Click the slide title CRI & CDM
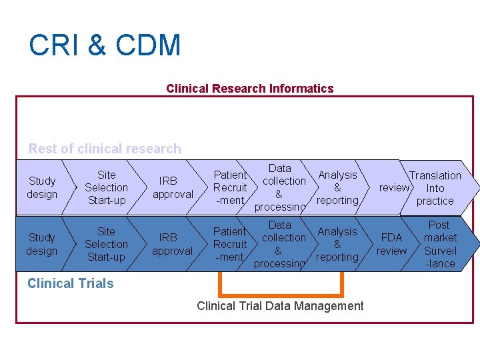click(105, 46)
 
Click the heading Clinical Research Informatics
click(249, 89)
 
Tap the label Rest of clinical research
click(105, 149)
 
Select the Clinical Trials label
click(71, 283)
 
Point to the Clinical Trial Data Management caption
click(280, 306)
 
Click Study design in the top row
click(42, 187)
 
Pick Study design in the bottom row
click(42, 244)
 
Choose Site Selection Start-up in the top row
click(106, 187)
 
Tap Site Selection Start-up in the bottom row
click(106, 244)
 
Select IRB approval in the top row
click(173, 187)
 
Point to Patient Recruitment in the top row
click(230, 187)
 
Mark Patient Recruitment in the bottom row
click(230, 244)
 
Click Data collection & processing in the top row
click(281, 187)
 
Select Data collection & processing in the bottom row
click(280, 244)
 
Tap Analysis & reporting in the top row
click(337, 187)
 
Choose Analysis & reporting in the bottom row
click(337, 244)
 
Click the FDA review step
click(391, 244)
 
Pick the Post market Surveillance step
click(440, 244)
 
